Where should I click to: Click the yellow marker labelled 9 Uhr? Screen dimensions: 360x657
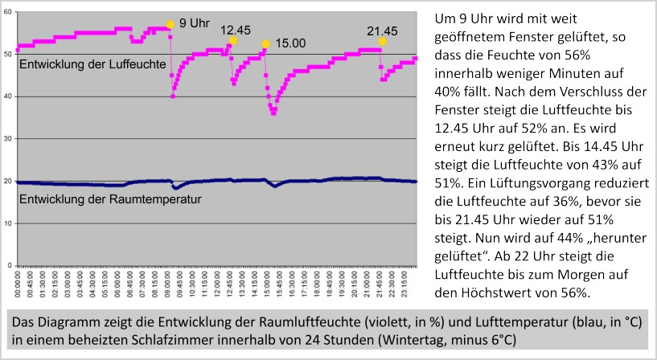coord(170,24)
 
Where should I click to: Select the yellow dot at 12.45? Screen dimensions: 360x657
coord(233,40)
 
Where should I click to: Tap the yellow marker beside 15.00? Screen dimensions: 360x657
coord(265,44)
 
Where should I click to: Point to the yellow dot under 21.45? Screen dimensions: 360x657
coord(383,41)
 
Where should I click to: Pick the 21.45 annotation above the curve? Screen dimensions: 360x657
coord(382,31)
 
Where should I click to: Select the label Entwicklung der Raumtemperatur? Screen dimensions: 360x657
coord(98,198)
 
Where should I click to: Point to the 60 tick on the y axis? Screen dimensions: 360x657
coord(9,13)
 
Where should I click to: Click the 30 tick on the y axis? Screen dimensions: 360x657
coord(9,139)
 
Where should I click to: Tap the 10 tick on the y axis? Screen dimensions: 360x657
coord(9,223)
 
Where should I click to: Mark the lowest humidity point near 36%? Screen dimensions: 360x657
coord(273,112)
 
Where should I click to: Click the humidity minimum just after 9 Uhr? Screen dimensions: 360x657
coord(173,96)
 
